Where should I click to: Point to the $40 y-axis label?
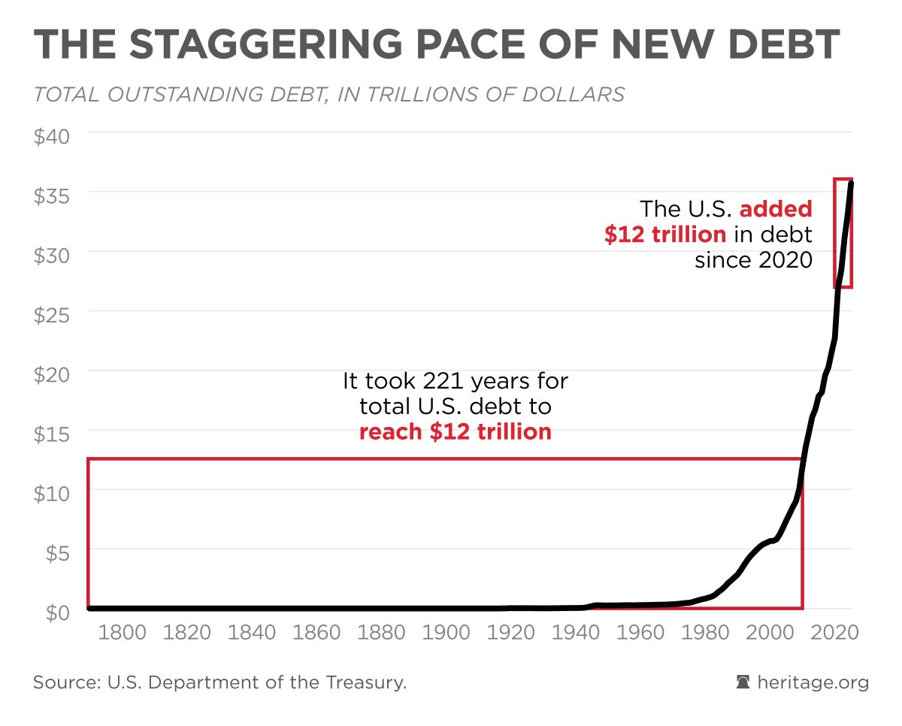tap(52, 138)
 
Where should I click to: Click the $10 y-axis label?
tap(52, 495)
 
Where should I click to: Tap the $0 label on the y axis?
tap(55, 613)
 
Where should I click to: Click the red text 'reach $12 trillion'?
tap(456, 432)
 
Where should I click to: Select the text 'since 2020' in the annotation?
tap(753, 260)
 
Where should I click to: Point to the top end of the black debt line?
tap(851, 183)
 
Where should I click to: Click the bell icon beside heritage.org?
tap(743, 682)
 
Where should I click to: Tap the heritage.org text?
tap(813, 682)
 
